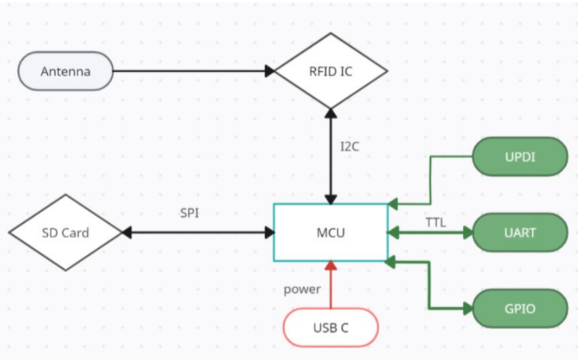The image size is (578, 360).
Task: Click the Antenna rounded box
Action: (66, 71)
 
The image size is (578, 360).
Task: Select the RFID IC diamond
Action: (331, 71)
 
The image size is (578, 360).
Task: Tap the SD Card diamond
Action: (65, 233)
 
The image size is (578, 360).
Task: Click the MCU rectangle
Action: (330, 233)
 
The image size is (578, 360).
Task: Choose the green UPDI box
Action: (520, 157)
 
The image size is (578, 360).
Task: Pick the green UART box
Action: (520, 233)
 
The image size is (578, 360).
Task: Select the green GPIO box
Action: (520, 308)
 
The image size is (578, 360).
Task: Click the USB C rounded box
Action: (330, 327)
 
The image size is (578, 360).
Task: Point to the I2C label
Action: (350, 147)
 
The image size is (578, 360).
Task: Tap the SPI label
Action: (189, 213)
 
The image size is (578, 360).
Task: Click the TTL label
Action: (435, 223)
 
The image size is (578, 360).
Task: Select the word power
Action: (302, 290)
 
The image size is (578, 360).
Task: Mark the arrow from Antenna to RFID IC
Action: (189, 71)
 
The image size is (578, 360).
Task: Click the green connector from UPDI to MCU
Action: (430, 178)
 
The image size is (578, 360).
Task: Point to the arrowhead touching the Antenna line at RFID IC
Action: (270, 71)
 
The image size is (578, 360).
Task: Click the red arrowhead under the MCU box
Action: (331, 265)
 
